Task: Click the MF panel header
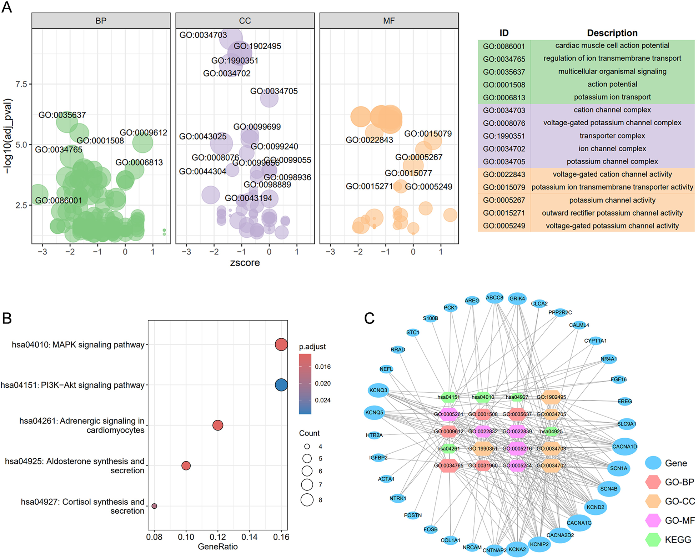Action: pyautogui.click(x=389, y=21)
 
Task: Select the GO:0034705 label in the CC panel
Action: pyautogui.click(x=274, y=91)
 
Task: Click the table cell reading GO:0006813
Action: pyautogui.click(x=504, y=97)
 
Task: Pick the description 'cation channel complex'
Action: pyautogui.click(x=612, y=110)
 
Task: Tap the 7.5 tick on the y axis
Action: pyautogui.click(x=21, y=84)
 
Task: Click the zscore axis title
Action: pyautogui.click(x=245, y=263)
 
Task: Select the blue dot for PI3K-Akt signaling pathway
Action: pyautogui.click(x=281, y=385)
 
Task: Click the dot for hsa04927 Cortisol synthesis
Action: pyautogui.click(x=154, y=506)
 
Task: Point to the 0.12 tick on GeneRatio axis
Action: pyautogui.click(x=217, y=537)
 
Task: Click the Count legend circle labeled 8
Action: pyautogui.click(x=307, y=500)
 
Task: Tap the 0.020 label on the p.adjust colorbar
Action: pyautogui.click(x=323, y=383)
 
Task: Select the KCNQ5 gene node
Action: pyautogui.click(x=374, y=413)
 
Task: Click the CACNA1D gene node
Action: pyautogui.click(x=624, y=447)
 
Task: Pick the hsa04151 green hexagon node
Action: pyautogui.click(x=449, y=397)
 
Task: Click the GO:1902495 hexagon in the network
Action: pyautogui.click(x=551, y=397)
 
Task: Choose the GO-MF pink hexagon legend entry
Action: pyautogui.click(x=653, y=520)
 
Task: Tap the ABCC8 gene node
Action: pyautogui.click(x=494, y=297)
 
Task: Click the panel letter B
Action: pyautogui.click(x=7, y=318)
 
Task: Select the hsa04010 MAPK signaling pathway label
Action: pyautogui.click(x=78, y=345)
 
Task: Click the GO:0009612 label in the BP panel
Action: pyautogui.click(x=143, y=133)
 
